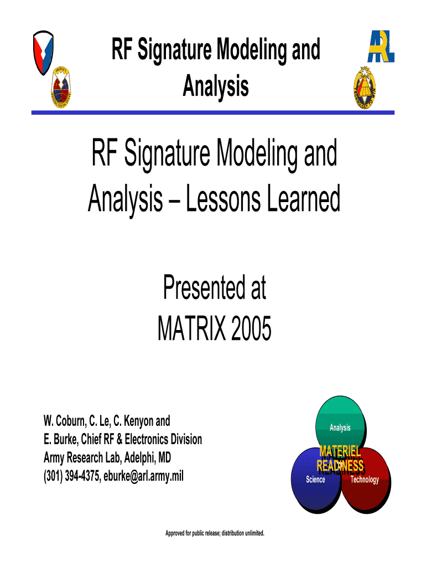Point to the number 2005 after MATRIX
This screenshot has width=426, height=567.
click(248, 331)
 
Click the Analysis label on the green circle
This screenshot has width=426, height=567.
click(340, 427)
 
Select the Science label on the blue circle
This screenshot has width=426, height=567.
click(315, 480)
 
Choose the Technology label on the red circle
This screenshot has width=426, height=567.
click(365, 480)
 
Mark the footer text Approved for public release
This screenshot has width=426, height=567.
click(215, 533)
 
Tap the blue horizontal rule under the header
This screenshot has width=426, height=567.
click(213, 112)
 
